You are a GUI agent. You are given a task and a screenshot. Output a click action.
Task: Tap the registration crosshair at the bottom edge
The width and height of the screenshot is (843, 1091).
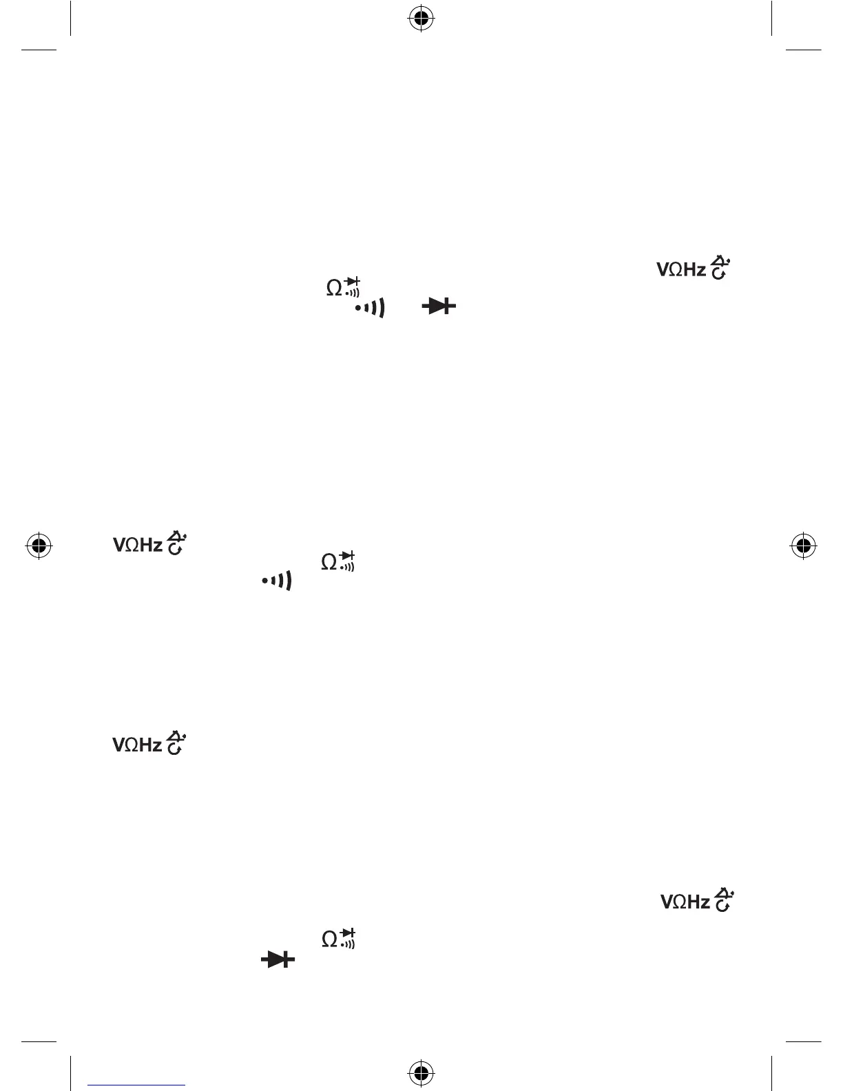click(421, 1072)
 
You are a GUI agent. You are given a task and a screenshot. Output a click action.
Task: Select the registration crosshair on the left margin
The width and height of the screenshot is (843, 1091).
click(39, 545)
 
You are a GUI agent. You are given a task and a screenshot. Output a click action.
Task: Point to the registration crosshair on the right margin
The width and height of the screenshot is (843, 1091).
click(803, 545)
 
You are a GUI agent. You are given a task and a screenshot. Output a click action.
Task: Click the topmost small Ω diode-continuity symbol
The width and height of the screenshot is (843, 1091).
click(343, 287)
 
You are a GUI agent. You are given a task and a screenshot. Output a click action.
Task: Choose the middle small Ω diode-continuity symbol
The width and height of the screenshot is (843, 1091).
click(337, 562)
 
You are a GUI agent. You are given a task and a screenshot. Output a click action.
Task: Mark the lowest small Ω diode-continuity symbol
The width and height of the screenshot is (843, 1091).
click(338, 938)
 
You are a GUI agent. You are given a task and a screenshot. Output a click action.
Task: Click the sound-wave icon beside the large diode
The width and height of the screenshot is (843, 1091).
click(370, 307)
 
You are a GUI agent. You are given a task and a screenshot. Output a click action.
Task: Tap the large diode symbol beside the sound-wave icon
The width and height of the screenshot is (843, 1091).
click(439, 306)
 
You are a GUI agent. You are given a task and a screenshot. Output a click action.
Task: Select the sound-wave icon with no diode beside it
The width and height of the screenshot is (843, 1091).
click(276, 581)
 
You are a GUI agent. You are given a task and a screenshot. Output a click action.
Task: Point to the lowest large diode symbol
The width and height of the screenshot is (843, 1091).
click(278, 959)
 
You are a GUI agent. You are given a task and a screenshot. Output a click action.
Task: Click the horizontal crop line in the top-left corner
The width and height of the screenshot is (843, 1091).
click(39, 50)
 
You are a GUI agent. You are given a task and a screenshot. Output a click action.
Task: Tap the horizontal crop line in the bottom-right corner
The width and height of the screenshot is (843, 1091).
click(804, 1041)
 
